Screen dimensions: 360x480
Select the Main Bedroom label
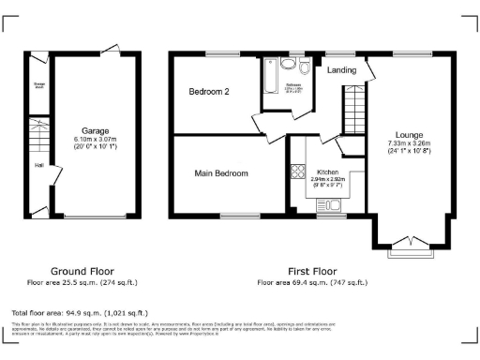point(221,173)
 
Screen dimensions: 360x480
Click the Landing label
point(340,68)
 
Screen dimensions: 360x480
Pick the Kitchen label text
point(327,172)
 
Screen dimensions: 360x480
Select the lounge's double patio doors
point(412,241)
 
